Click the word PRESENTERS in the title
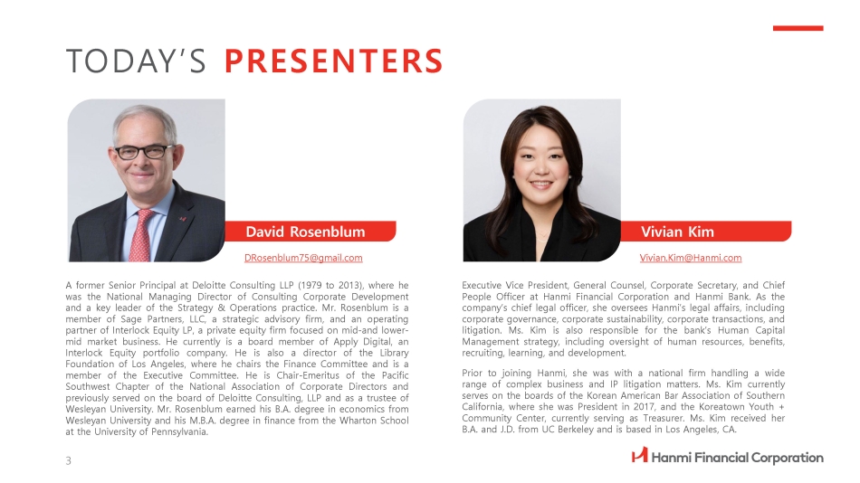[x=333, y=61]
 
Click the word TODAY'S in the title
[x=136, y=61]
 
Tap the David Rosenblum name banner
[x=311, y=232]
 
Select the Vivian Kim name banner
[x=706, y=232]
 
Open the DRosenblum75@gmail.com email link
[x=303, y=258]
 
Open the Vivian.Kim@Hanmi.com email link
[x=691, y=258]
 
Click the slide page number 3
[x=69, y=461]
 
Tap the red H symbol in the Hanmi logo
[x=639, y=455]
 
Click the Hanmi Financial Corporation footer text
[x=738, y=458]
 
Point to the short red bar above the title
[x=798, y=28]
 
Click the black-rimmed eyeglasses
[x=144, y=151]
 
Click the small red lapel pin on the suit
[x=183, y=219]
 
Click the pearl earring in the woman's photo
[x=569, y=176]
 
